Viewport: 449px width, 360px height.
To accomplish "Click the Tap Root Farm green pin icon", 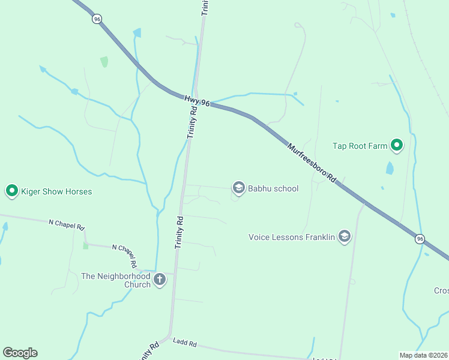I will (x=396, y=145).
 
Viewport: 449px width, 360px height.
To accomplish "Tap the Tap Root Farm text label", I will (x=360, y=145).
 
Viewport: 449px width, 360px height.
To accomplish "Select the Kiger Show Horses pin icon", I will (x=11, y=191).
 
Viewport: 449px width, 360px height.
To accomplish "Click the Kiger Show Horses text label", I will (x=56, y=192).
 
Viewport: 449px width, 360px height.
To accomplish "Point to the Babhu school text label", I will (x=273, y=188).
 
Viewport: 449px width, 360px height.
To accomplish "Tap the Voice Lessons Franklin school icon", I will (x=344, y=237).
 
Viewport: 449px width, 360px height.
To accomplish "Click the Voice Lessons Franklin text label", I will (x=291, y=237).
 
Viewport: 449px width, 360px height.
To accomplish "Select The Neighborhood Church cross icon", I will (x=160, y=280).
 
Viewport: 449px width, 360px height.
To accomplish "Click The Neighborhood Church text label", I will (x=116, y=280).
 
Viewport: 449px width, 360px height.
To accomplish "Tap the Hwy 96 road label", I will (x=197, y=102).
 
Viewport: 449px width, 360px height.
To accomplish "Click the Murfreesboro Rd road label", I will (x=310, y=162).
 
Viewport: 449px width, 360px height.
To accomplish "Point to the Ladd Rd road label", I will (x=184, y=343).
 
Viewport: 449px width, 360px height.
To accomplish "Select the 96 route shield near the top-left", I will (x=97, y=19).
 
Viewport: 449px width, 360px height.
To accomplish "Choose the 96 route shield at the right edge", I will (x=419, y=239).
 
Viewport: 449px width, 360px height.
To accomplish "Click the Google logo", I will (x=20, y=352).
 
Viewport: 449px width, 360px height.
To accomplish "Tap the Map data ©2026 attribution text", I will (x=423, y=355).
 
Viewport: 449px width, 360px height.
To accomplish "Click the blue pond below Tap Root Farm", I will (x=390, y=167).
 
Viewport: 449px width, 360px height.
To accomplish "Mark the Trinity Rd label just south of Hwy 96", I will (x=193, y=124).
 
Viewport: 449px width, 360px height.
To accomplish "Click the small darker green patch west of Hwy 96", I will (x=104, y=62).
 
